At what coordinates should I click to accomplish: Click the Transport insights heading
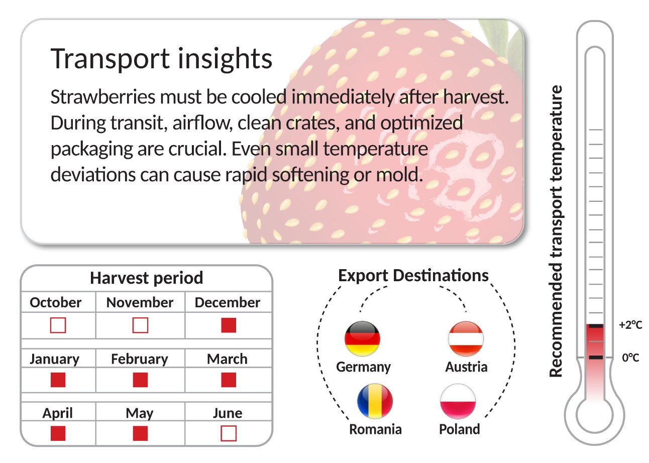pyautogui.click(x=162, y=59)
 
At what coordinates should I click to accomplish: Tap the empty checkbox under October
pyautogui.click(x=58, y=325)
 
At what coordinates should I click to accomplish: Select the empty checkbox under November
pyautogui.click(x=140, y=325)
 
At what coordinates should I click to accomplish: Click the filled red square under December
pyautogui.click(x=229, y=325)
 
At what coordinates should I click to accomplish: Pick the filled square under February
pyautogui.click(x=140, y=380)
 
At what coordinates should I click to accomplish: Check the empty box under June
pyautogui.click(x=229, y=433)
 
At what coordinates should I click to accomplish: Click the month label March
pyautogui.click(x=227, y=359)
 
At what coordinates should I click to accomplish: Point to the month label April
pyautogui.click(x=57, y=413)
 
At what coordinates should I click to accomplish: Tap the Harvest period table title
pyautogui.click(x=146, y=278)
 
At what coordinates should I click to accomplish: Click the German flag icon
pyautogui.click(x=362, y=339)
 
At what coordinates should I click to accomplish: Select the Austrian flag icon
pyautogui.click(x=466, y=339)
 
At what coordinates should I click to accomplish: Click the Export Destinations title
pyautogui.click(x=413, y=276)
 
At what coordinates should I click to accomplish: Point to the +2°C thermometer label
pyautogui.click(x=630, y=325)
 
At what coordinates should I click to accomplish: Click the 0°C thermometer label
pyautogui.click(x=630, y=358)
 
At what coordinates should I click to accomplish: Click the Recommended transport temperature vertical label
pyautogui.click(x=556, y=231)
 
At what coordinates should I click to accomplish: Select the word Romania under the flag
pyautogui.click(x=375, y=429)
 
